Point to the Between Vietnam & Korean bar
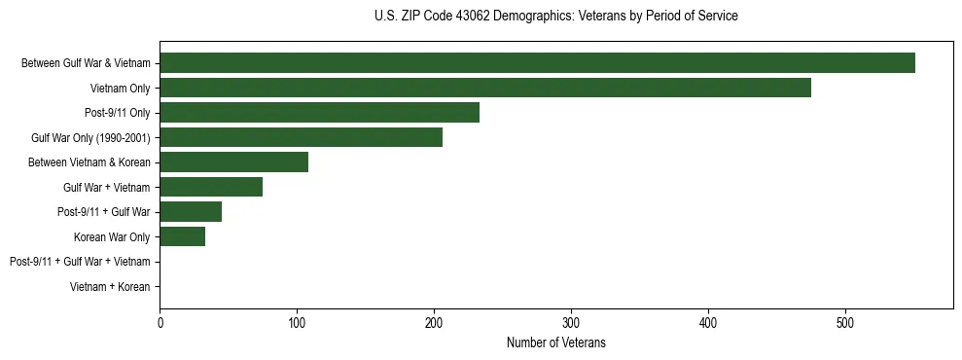coord(233,162)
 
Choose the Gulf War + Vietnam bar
coord(211,187)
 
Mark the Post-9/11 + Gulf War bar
coord(191,212)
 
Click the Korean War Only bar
coord(182,236)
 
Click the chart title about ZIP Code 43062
coord(555,17)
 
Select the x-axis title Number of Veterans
coord(555,342)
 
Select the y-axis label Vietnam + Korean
coord(110,287)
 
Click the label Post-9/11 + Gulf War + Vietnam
coord(80,262)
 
